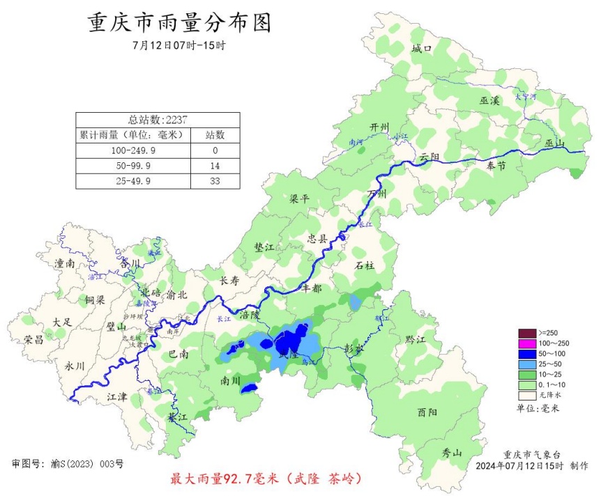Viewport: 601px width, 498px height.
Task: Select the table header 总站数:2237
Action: [158, 119]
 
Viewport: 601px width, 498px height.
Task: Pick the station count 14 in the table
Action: [215, 165]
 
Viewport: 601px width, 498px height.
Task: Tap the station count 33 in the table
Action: [215, 180]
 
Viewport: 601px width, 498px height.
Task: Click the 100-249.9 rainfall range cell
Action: [132, 150]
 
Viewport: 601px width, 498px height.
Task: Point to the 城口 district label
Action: [422, 49]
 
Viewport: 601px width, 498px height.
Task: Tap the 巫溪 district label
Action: [489, 101]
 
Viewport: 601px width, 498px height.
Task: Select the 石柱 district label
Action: [365, 265]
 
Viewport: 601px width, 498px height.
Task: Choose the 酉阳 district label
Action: [427, 412]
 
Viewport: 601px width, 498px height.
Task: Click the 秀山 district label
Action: [452, 453]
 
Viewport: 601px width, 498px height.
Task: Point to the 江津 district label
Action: [117, 396]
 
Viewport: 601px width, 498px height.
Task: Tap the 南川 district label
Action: [230, 381]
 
